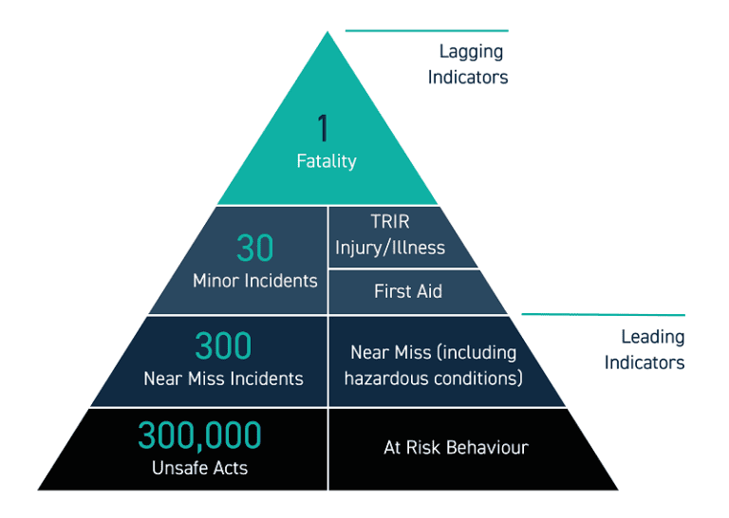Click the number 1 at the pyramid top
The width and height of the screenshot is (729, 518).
click(323, 127)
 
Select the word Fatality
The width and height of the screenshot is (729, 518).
click(326, 160)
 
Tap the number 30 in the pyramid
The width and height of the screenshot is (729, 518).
click(254, 249)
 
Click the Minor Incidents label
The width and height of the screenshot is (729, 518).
click(254, 280)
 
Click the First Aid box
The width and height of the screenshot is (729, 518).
click(408, 291)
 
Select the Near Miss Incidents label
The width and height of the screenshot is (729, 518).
click(223, 379)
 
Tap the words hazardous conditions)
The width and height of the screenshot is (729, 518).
click(434, 378)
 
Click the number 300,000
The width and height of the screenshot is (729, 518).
click(199, 435)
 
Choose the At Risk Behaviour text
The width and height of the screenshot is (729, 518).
click(456, 447)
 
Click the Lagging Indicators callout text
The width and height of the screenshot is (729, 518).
click(468, 65)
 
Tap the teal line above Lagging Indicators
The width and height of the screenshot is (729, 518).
click(427, 30)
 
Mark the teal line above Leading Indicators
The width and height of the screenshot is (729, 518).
click(604, 313)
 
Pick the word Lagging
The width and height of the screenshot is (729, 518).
click(471, 52)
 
